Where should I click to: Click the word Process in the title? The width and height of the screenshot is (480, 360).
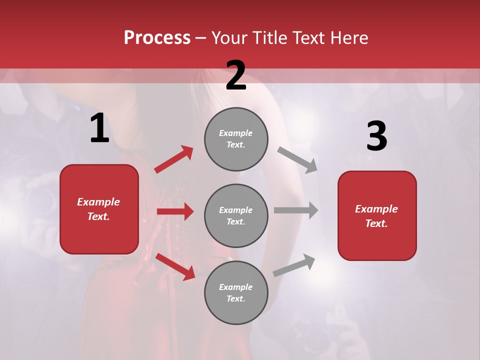pyautogui.click(x=157, y=38)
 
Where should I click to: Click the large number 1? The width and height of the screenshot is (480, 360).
pyautogui.click(x=99, y=129)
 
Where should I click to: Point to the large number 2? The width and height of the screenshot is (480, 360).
pyautogui.click(x=236, y=75)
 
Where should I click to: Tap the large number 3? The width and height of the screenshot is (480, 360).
pyautogui.click(x=376, y=136)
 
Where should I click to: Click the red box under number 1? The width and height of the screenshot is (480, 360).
pyautogui.click(x=99, y=209)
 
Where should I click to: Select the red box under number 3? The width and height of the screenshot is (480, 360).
pyautogui.click(x=377, y=215)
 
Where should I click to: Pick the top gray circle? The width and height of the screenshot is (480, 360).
pyautogui.click(x=236, y=139)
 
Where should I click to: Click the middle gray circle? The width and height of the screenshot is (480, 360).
pyautogui.click(x=236, y=215)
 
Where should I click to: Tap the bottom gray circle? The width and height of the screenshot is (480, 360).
pyautogui.click(x=236, y=292)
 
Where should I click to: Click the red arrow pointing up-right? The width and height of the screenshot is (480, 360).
pyautogui.click(x=174, y=159)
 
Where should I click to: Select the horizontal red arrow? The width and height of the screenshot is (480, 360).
pyautogui.click(x=175, y=211)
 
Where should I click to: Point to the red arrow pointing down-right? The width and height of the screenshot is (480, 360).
pyautogui.click(x=175, y=266)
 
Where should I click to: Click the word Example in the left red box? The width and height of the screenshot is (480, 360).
pyautogui.click(x=98, y=202)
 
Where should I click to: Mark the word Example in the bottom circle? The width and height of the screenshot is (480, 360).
pyautogui.click(x=235, y=287)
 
